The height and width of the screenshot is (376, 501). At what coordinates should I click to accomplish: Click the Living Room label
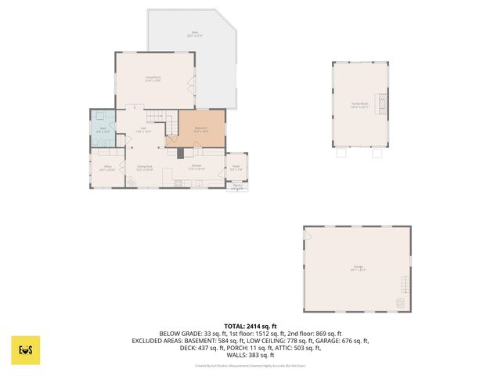coord(153,78)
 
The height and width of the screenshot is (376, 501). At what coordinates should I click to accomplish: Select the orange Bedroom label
coord(201,129)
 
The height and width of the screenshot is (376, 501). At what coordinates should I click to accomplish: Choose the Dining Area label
coord(144,168)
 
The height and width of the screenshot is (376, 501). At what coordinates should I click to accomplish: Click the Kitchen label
coord(196,167)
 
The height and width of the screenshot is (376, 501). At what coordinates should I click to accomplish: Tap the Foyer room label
coord(236,168)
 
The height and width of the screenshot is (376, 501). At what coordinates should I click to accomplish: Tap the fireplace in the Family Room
coord(383,103)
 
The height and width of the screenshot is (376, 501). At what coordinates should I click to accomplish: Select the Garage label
coord(358,269)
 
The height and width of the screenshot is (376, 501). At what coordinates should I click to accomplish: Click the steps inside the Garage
coord(405,284)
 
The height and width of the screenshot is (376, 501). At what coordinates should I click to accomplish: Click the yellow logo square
coord(26,349)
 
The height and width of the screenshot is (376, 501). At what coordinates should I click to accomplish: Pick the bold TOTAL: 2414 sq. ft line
coord(250,326)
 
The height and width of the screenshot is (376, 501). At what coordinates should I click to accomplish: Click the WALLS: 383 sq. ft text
coord(250,354)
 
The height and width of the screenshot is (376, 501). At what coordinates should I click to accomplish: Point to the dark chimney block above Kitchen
coord(179,154)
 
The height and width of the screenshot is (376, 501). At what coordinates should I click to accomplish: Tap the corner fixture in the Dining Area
coord(133,184)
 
